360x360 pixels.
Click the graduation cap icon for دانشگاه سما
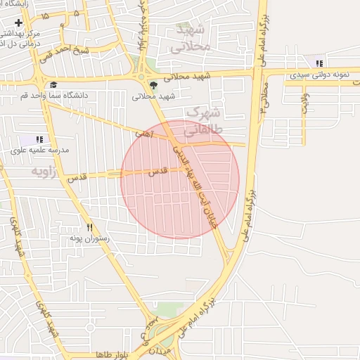click(53, 85)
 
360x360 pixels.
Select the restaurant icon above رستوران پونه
click(89, 227)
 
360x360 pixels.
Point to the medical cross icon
click(18, 24)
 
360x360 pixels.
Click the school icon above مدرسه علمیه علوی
click(39, 140)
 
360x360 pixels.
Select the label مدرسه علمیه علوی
click(39, 150)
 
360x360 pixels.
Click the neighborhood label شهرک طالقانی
click(203, 121)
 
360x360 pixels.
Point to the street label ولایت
click(305, 102)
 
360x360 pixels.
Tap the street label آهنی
click(145, 130)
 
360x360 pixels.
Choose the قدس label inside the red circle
click(159, 171)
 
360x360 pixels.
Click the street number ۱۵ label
click(46, 15)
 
